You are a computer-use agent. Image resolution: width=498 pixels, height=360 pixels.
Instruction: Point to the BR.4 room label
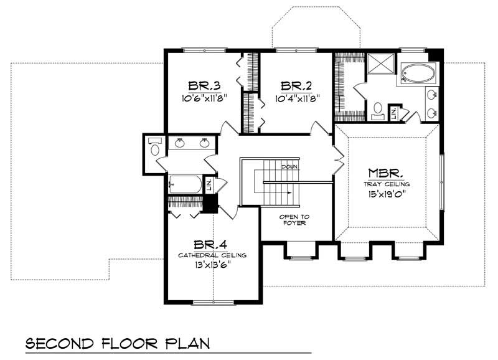pyautogui.click(x=210, y=245)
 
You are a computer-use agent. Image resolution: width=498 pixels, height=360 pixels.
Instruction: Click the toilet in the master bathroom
pyautogui.click(x=377, y=111)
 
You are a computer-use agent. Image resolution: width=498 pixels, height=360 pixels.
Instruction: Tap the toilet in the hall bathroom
pyautogui.click(x=155, y=148)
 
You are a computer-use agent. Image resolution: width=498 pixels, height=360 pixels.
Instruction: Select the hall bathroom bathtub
pyautogui.click(x=185, y=184)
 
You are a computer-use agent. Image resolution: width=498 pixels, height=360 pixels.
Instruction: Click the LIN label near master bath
pyautogui.click(x=393, y=113)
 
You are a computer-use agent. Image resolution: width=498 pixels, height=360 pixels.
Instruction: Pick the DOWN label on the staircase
pyautogui.click(x=288, y=167)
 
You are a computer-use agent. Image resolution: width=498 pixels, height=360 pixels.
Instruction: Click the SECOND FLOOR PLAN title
pyautogui.click(x=116, y=344)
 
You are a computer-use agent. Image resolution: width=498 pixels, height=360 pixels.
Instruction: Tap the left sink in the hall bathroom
pyautogui.click(x=180, y=144)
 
